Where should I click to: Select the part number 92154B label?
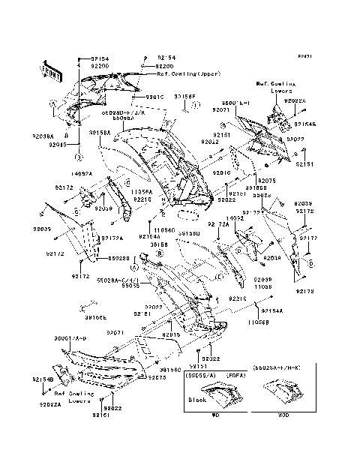[43, 380]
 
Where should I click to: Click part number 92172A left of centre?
[111, 238]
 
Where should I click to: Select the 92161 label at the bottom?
[101, 415]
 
